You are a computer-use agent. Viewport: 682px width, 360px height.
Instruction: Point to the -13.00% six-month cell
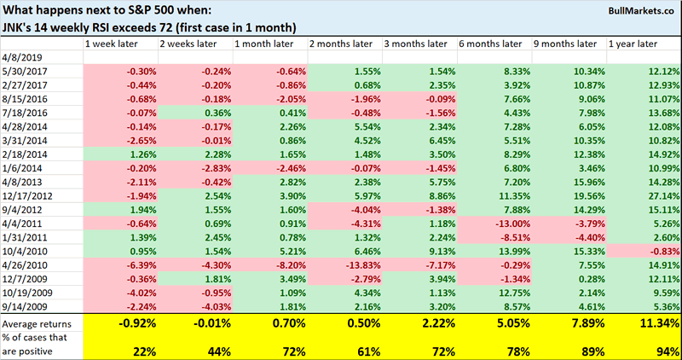pos(504,224)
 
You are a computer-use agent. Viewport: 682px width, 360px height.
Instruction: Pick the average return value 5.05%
pos(502,323)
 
